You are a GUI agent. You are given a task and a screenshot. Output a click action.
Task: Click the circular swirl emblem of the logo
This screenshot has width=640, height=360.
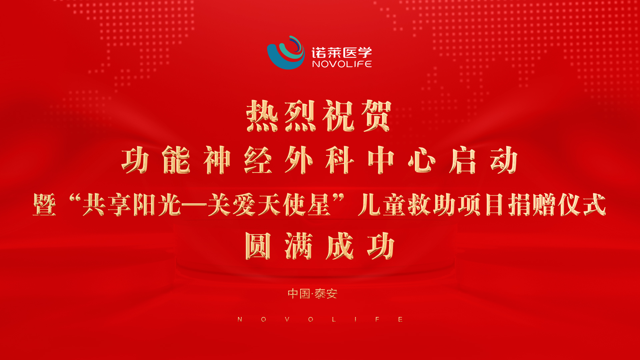(x=286, y=53)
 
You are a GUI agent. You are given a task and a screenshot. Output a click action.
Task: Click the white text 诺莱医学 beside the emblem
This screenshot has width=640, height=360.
(x=342, y=52)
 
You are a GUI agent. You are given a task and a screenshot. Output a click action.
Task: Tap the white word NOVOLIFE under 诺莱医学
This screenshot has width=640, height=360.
(x=342, y=64)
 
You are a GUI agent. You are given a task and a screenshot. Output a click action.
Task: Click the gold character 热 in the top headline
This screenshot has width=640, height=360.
(x=262, y=116)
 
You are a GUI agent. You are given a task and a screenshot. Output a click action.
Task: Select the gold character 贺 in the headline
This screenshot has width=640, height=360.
(x=376, y=116)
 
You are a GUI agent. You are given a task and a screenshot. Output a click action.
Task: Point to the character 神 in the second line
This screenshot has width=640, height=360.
(x=217, y=160)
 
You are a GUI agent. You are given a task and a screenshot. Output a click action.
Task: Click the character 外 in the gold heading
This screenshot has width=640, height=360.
(x=299, y=160)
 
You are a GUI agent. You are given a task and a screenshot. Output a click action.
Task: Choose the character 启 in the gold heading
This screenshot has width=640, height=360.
(x=463, y=160)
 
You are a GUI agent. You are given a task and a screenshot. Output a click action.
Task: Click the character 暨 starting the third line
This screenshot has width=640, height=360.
(x=45, y=205)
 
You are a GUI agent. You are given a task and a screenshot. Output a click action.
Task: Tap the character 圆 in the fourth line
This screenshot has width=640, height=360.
(x=258, y=246)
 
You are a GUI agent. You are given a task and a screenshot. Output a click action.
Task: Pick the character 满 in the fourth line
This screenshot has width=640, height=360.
(x=299, y=246)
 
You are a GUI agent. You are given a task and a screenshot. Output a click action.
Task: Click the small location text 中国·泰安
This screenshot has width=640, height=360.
(x=313, y=294)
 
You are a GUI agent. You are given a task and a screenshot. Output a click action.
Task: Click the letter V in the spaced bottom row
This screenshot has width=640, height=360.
(x=287, y=319)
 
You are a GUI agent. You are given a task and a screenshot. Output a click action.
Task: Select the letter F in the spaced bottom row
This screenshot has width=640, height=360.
(x=377, y=319)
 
